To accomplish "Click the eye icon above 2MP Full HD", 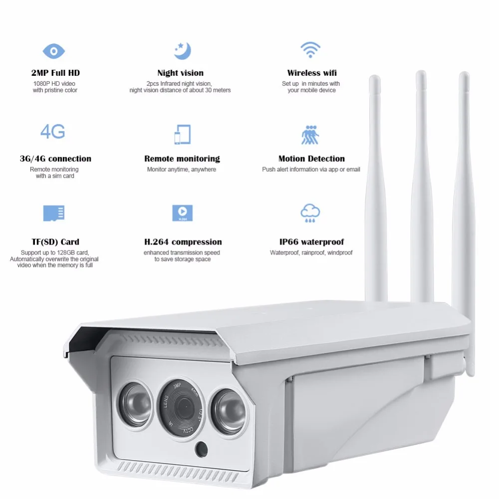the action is [53, 51].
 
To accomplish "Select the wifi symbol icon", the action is [310, 50].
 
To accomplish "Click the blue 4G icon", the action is [53, 132].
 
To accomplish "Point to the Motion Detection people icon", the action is [311, 134].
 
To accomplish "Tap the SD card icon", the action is [53, 213].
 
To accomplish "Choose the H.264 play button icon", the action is [182, 213].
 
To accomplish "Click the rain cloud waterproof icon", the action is [310, 213].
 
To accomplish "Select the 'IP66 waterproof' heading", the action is [311, 242].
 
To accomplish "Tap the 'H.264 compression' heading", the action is [182, 242].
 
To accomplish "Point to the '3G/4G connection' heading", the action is [55, 159].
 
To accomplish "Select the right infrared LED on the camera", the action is [229, 411].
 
